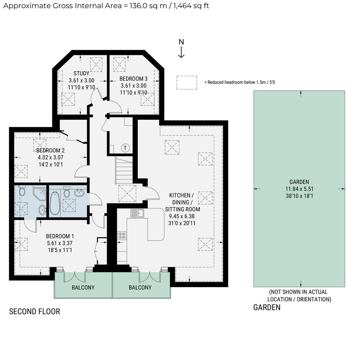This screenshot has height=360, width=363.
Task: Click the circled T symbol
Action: (125, 148)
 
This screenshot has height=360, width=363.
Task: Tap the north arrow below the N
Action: (181, 52)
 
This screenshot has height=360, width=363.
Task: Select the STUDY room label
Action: (81, 73)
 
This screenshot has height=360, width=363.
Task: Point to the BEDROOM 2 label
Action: (50, 151)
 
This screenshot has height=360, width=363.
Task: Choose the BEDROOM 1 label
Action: (60, 236)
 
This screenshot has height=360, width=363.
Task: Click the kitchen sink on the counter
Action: (138, 213)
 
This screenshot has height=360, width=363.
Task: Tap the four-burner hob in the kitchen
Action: (122, 236)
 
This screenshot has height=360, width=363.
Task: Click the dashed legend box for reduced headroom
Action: (187, 83)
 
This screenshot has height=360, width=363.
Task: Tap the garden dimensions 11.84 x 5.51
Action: (299, 189)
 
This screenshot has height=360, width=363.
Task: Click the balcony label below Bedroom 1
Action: (83, 287)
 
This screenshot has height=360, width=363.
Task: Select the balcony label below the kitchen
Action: (140, 287)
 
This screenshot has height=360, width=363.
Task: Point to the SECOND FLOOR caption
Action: (34, 312)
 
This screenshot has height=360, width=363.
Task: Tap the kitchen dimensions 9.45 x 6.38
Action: (181, 216)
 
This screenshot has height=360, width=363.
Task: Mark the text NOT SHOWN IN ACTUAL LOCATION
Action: (299, 296)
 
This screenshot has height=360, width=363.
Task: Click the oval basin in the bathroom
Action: (80, 193)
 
